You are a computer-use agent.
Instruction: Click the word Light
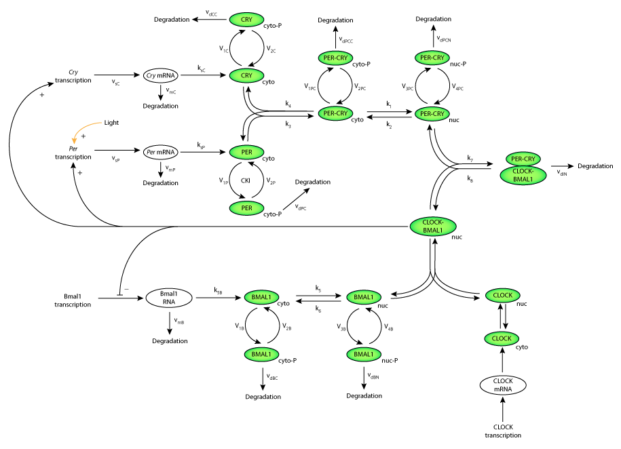112,123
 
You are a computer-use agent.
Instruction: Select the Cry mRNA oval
160,75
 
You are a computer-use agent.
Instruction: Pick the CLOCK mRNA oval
502,386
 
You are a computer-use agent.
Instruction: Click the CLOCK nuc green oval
502,296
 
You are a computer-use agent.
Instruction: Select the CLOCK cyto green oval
502,338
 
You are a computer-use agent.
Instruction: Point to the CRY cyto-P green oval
246,20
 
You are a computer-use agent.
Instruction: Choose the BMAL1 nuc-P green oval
364,354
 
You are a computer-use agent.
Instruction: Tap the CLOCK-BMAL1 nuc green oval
432,227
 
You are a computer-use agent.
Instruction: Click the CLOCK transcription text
503,431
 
